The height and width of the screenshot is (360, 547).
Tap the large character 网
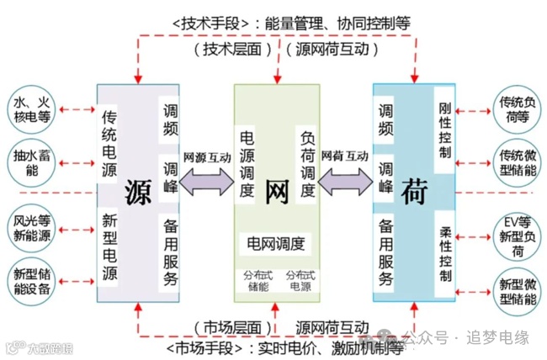click(x=276, y=192)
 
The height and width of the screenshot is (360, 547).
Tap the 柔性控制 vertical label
click(x=445, y=253)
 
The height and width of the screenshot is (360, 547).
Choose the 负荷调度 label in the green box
click(x=306, y=163)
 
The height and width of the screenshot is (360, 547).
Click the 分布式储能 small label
click(x=256, y=280)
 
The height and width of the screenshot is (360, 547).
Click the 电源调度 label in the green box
click(x=247, y=163)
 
